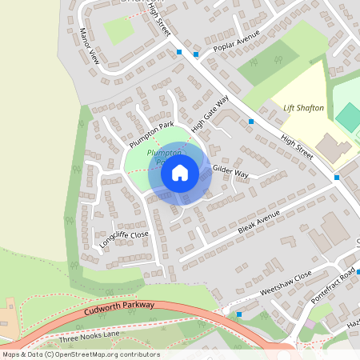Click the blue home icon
[180, 173]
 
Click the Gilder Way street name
[230, 174]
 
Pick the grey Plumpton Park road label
[151, 134]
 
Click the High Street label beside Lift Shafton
[298, 150]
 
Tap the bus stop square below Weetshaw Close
[239, 314]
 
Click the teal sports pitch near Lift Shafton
[348, 118]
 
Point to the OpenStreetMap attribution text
[81, 354]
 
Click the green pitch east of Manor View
[118, 30]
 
